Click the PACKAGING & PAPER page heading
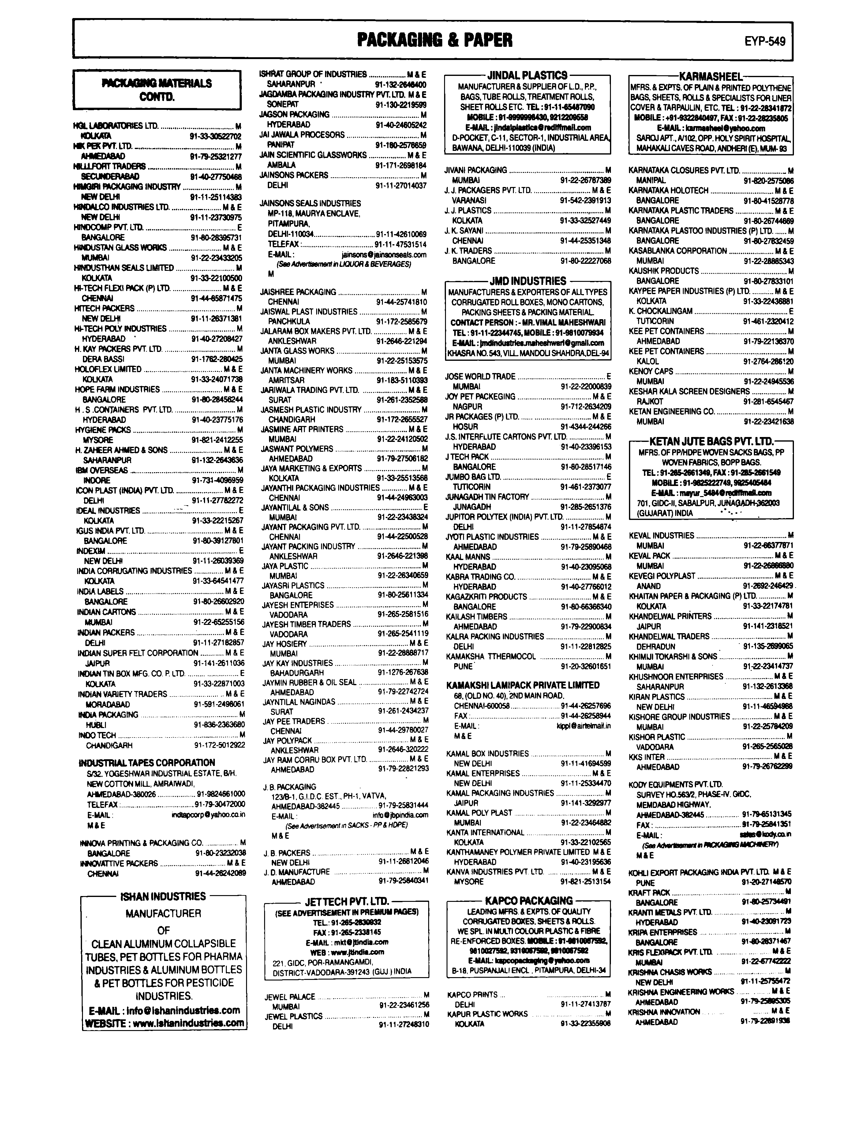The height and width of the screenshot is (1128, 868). [x=435, y=40]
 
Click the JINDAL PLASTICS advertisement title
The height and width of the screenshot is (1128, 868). [x=528, y=75]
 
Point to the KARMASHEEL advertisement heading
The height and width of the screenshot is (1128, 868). [x=710, y=77]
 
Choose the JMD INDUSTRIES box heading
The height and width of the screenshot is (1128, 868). [x=528, y=281]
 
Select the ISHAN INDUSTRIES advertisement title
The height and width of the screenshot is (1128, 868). [x=163, y=896]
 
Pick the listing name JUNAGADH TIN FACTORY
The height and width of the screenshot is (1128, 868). [x=487, y=497]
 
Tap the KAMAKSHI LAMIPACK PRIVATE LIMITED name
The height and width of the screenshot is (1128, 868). [x=522, y=685]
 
